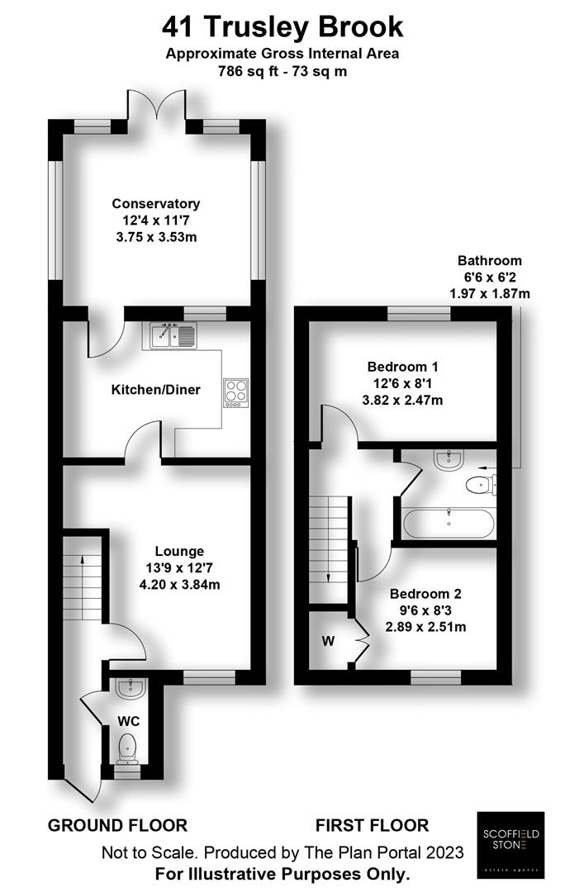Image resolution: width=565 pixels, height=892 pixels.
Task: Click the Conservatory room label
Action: [x=156, y=204]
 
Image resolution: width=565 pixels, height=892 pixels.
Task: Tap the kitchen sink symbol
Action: [x=174, y=335]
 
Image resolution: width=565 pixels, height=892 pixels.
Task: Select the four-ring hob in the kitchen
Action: [x=235, y=392]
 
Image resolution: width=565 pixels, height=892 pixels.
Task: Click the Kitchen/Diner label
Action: [x=156, y=389]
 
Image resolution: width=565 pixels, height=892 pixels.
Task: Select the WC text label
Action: [x=128, y=721]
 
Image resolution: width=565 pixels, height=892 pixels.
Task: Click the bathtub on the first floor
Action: [x=449, y=522]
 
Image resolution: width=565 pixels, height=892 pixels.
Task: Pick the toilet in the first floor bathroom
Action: [x=480, y=485]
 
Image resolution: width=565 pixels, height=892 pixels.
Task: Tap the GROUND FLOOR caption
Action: [x=117, y=825]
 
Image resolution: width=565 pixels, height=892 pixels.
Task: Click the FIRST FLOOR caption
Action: [x=372, y=825]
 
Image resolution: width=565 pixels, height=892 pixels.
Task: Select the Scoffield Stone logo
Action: [x=510, y=842]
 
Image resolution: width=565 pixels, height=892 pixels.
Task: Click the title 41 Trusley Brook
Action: [x=282, y=27]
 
